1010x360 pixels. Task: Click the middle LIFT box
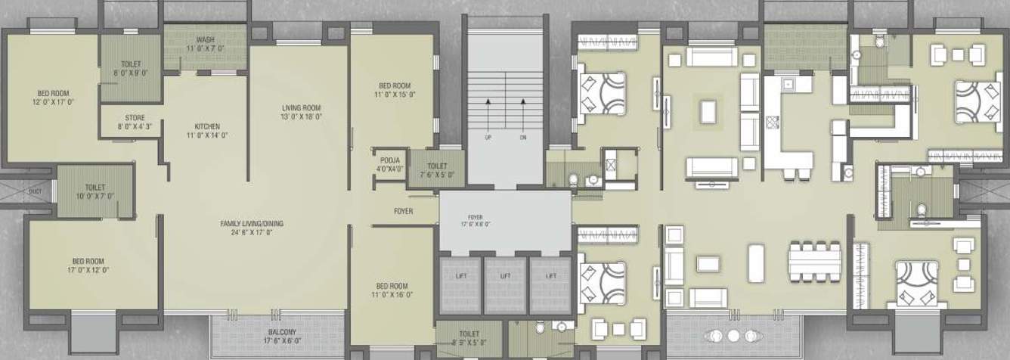tap(505, 277)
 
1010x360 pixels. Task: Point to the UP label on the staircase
tap(488, 138)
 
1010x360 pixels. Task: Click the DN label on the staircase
tap(522, 138)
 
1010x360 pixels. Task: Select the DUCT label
tap(35, 191)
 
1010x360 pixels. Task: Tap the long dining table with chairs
tap(814, 261)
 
